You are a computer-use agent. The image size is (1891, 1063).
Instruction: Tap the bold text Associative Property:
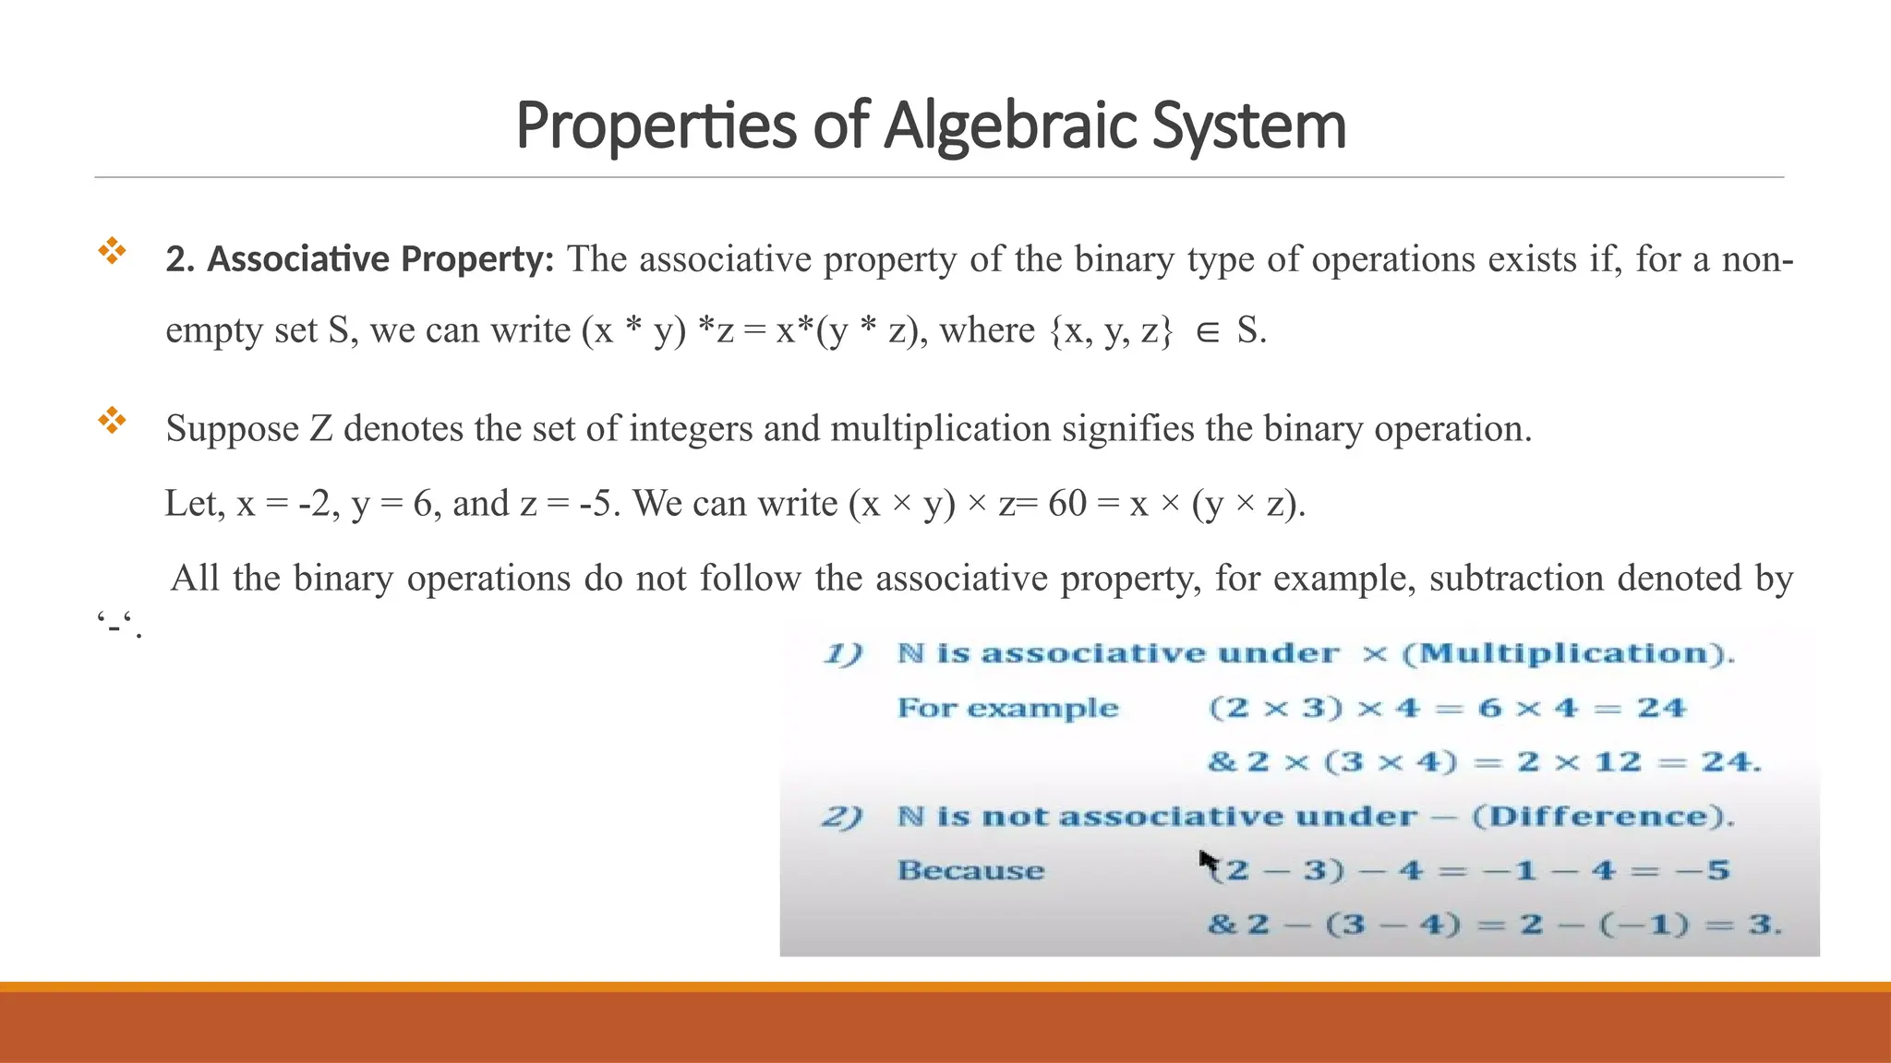[360, 259]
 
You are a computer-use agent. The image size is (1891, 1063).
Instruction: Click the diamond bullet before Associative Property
[112, 251]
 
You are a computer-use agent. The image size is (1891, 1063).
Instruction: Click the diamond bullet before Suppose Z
[112, 421]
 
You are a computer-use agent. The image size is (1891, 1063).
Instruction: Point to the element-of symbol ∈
[1207, 332]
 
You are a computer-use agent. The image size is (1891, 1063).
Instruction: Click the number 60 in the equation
[1067, 504]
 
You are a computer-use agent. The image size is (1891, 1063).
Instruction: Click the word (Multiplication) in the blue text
[1568, 653]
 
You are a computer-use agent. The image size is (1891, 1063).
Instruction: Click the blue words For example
[1007, 709]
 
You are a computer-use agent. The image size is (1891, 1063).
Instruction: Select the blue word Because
[970, 870]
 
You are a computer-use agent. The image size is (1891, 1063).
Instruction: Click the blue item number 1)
[842, 654]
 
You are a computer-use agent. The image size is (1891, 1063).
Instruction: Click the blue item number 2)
[842, 817]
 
